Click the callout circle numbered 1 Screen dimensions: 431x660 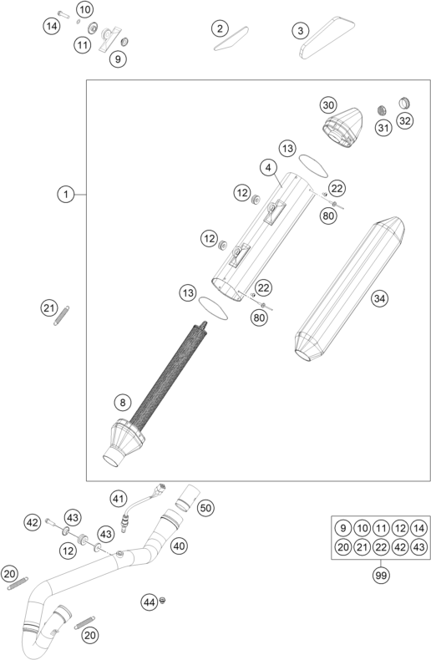pos(66,195)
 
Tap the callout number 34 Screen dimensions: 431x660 pos(379,298)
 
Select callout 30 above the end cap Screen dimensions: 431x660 pos(328,104)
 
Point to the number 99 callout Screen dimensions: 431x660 pos(381,575)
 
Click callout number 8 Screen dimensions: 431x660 pos(123,403)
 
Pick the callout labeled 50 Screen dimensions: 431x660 pos(205,508)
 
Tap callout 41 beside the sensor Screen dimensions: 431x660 pos(119,499)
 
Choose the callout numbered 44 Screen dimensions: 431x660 pos(149,602)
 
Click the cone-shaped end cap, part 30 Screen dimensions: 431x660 pos(343,128)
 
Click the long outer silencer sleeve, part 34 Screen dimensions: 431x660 pos(350,289)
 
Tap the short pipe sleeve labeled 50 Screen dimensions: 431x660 pos(188,498)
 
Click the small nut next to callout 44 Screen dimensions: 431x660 pos(162,600)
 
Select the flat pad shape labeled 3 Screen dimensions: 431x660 pos(327,38)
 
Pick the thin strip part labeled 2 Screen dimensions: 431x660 pos(231,38)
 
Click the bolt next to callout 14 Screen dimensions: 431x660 pos(63,13)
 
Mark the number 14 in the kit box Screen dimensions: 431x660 pos(419,528)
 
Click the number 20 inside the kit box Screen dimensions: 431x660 pos(343,546)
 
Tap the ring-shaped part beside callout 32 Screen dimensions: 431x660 pos(404,103)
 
